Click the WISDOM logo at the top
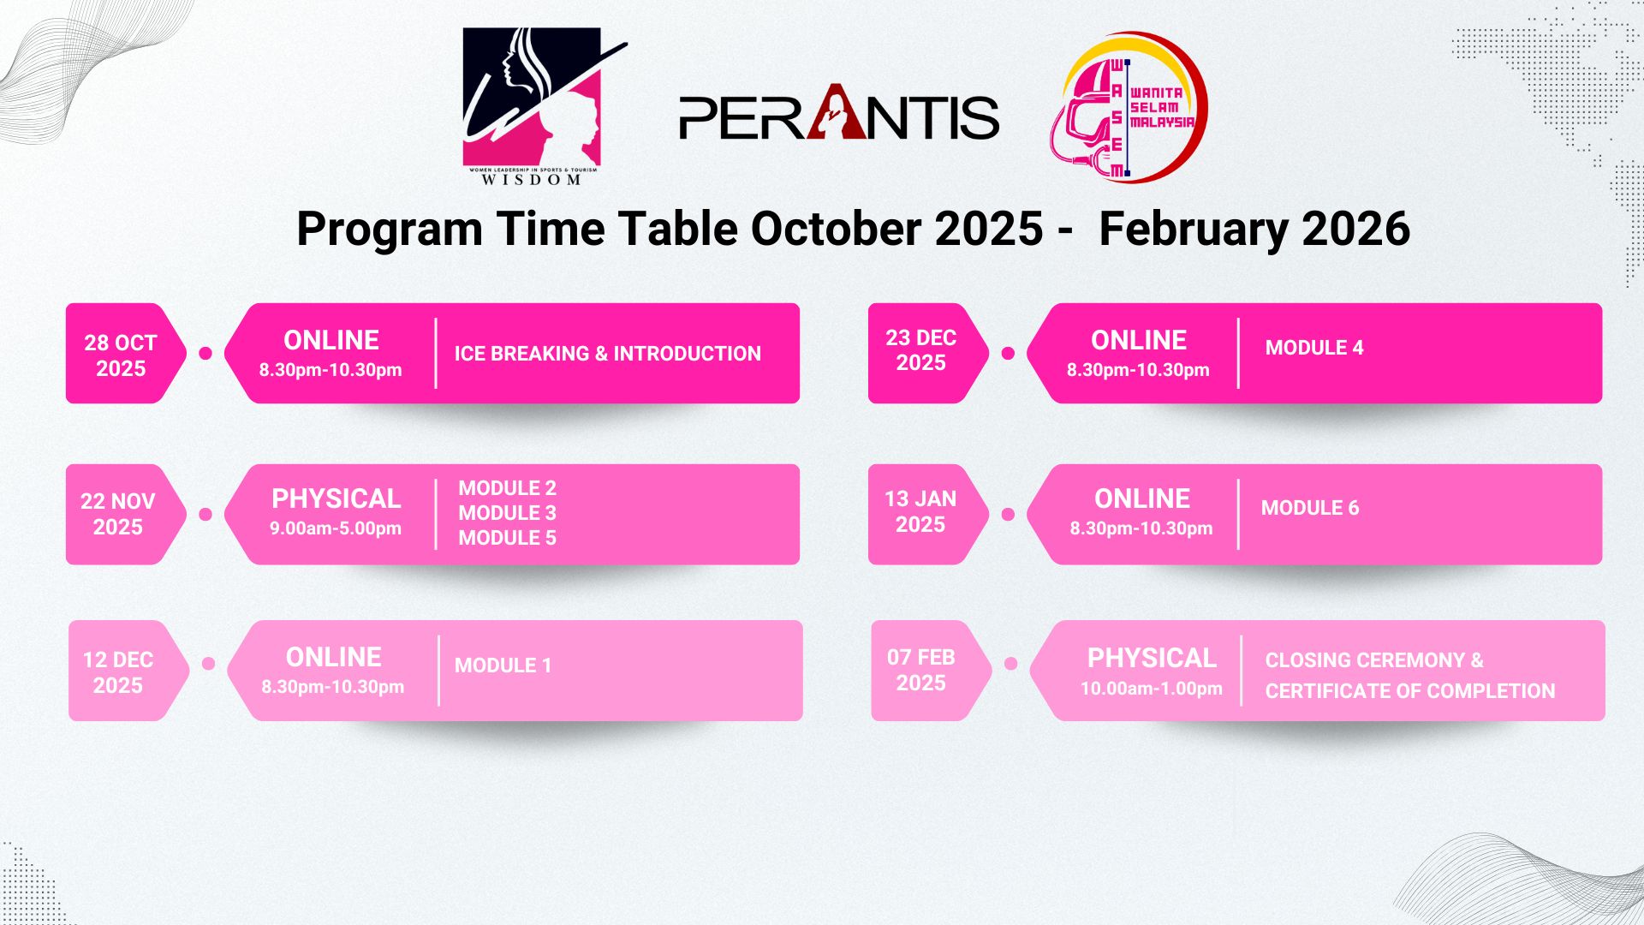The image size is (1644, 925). pyautogui.click(x=533, y=106)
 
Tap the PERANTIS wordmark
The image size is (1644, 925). pyautogui.click(x=839, y=116)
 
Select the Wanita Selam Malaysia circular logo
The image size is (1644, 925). pyautogui.click(x=1129, y=108)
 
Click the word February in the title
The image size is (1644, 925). pyautogui.click(x=1192, y=230)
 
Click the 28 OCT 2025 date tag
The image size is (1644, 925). pyautogui.click(x=121, y=355)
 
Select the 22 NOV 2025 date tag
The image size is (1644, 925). pyautogui.click(x=118, y=514)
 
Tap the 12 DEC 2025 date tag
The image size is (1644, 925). pyautogui.click(x=118, y=672)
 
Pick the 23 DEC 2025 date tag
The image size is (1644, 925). pyautogui.click(x=921, y=350)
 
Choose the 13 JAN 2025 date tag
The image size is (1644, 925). pyautogui.click(x=920, y=511)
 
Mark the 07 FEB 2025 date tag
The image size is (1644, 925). pyautogui.click(x=921, y=671)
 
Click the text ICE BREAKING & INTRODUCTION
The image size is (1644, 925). pyautogui.click(x=607, y=354)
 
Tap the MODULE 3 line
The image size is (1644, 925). pyautogui.click(x=507, y=513)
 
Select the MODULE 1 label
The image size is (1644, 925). pyautogui.click(x=503, y=665)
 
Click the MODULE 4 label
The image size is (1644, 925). pyautogui.click(x=1314, y=348)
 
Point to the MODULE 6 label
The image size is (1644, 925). pyautogui.click(x=1310, y=508)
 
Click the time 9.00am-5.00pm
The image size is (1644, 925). pyautogui.click(x=336, y=528)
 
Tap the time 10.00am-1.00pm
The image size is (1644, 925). pyautogui.click(x=1151, y=689)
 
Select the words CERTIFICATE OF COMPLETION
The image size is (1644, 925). pyautogui.click(x=1409, y=691)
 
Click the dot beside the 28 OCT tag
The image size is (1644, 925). pyautogui.click(x=205, y=353)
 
